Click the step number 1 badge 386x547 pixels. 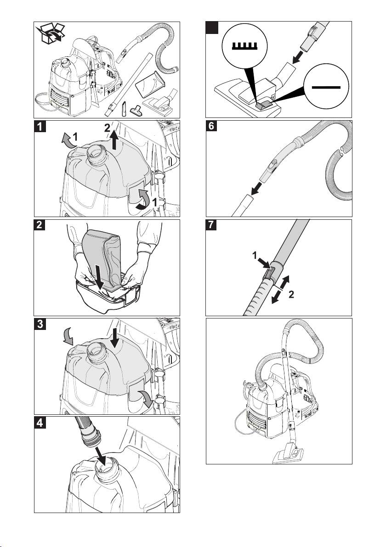click(x=40, y=126)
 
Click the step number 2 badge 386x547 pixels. click(x=40, y=225)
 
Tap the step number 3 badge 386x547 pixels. click(x=40, y=324)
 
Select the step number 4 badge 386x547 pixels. click(x=40, y=423)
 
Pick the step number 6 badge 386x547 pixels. click(x=211, y=126)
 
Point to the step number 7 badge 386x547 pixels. click(x=211, y=225)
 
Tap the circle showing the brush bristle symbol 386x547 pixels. click(x=244, y=46)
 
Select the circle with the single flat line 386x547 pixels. click(x=326, y=87)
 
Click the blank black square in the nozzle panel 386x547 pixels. click(x=212, y=28)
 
